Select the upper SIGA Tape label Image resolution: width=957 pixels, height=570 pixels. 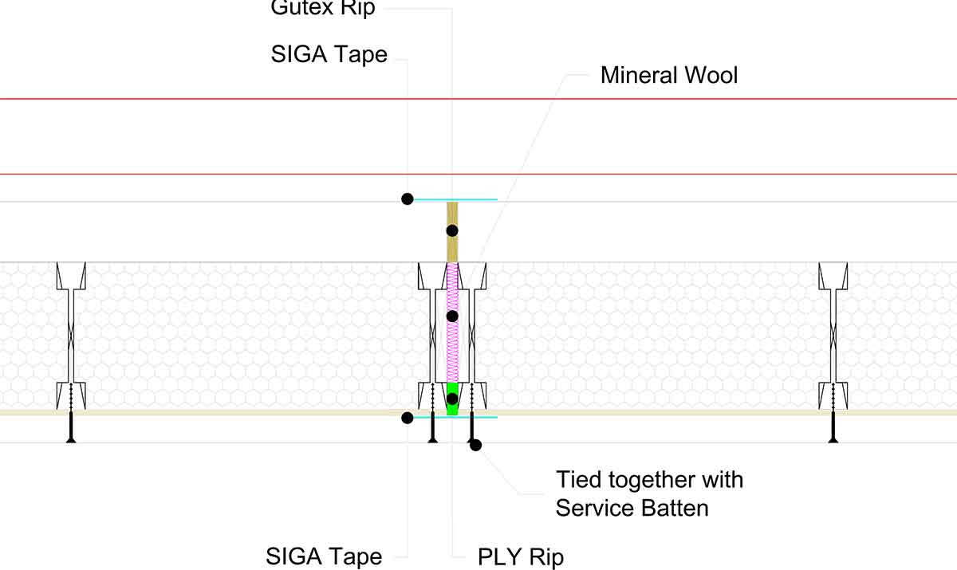pyautogui.click(x=329, y=54)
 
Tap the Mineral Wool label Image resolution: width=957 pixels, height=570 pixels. pyautogui.click(x=669, y=76)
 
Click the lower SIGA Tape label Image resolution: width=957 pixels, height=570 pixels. pyautogui.click(x=324, y=556)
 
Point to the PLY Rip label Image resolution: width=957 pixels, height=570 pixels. pyautogui.click(x=520, y=556)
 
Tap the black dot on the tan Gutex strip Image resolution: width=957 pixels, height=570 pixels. pyautogui.click(x=452, y=230)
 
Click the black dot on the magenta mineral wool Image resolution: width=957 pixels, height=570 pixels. pyautogui.click(x=452, y=316)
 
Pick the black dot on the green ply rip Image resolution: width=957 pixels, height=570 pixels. pyautogui.click(x=452, y=399)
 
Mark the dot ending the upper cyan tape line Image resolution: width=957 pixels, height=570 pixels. pyautogui.click(x=407, y=199)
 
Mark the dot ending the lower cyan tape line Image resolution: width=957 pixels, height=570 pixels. pyautogui.click(x=407, y=417)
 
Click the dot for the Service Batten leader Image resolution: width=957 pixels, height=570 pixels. pyautogui.click(x=476, y=445)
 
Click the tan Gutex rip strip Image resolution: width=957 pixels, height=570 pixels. pyautogui.click(x=452, y=247)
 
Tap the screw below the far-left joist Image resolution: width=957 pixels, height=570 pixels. pyautogui.click(x=71, y=423)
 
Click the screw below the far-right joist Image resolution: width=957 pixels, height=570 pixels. pyautogui.click(x=833, y=423)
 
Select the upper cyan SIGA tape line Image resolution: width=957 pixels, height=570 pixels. pyautogui.click(x=471, y=199)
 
